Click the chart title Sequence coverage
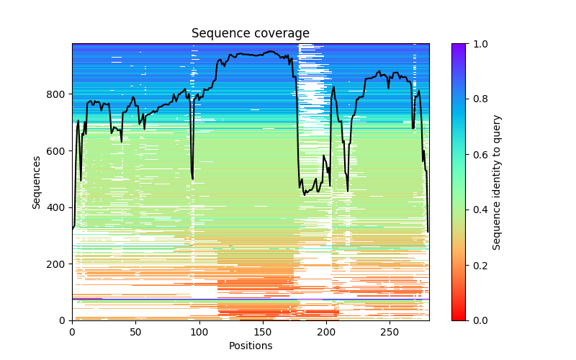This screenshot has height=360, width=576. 251,34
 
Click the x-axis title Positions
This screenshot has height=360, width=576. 251,346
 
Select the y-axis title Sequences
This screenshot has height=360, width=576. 36,182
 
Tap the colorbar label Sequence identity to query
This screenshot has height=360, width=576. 497,182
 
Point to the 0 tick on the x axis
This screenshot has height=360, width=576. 72,331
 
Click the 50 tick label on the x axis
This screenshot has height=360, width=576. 135,331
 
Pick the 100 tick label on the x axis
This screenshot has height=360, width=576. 199,331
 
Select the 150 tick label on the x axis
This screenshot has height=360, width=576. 262,331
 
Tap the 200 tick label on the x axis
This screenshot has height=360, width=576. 325,331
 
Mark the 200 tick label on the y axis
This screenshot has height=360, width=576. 58,264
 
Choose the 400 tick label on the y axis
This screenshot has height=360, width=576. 58,207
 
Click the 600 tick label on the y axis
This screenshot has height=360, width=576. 58,151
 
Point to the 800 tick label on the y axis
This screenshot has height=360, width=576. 58,94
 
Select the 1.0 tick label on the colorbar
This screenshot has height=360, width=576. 479,44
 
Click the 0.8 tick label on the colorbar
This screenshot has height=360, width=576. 479,99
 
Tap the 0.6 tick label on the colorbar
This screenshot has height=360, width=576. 479,155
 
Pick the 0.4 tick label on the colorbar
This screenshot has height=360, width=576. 479,210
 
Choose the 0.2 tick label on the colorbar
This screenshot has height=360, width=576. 479,265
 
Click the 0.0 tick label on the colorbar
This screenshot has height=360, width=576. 479,320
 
